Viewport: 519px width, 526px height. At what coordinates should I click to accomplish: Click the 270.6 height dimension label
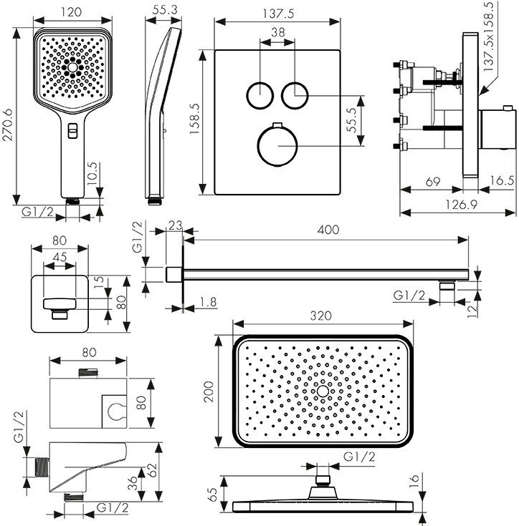click(x=7, y=125)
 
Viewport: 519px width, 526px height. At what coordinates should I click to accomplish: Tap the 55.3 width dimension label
click(x=165, y=10)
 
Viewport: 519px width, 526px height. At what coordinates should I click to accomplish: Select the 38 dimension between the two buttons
click(x=278, y=32)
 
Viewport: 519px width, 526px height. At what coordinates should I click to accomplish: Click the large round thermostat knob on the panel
click(x=277, y=145)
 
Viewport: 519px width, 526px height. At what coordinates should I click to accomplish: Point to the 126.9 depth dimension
click(x=461, y=204)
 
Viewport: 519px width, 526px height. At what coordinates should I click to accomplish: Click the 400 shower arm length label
click(x=328, y=230)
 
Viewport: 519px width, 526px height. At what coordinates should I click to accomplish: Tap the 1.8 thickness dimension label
click(x=209, y=302)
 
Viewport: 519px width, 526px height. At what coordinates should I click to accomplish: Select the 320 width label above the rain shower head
click(x=321, y=316)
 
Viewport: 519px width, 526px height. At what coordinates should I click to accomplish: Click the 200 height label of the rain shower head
click(x=209, y=392)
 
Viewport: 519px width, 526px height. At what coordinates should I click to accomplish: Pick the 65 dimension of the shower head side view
click(x=214, y=494)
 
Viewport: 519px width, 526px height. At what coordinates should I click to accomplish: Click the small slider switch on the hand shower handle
click(x=72, y=130)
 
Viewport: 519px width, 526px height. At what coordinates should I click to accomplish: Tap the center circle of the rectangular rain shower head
click(x=323, y=391)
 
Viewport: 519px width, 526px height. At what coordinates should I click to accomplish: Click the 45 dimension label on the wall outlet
click(x=59, y=257)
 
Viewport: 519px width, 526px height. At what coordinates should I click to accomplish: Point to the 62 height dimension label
click(x=152, y=471)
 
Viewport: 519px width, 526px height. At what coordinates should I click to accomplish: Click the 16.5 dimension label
click(x=502, y=180)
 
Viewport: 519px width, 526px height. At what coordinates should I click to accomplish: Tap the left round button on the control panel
click(x=260, y=95)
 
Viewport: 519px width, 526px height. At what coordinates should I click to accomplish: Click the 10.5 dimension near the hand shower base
click(x=92, y=173)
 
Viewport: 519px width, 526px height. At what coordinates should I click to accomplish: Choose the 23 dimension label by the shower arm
click(x=175, y=225)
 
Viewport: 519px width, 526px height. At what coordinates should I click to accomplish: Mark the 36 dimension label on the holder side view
click(x=133, y=483)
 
